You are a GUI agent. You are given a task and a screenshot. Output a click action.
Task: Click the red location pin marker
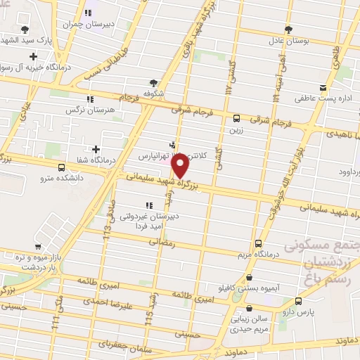(180, 166)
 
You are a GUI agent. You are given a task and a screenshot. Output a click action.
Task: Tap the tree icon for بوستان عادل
(288, 30)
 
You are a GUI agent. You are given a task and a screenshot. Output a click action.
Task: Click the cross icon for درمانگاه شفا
(96, 148)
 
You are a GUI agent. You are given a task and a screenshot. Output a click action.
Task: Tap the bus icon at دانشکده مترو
(63, 168)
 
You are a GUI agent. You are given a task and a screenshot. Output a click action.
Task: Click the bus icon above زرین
(236, 118)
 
